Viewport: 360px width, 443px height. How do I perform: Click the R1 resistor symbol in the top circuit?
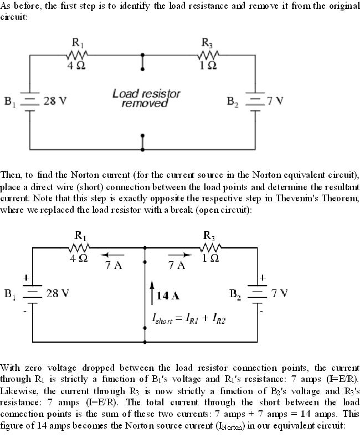pos(76,55)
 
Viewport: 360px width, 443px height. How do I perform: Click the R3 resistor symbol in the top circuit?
pos(209,55)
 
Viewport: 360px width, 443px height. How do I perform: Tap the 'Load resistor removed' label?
pos(146,98)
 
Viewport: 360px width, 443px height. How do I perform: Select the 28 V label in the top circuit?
pos(55,101)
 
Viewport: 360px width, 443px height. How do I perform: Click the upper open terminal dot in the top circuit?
pos(143,55)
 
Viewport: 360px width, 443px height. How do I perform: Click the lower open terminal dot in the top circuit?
pos(143,135)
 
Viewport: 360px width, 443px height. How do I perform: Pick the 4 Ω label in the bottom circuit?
pos(79,258)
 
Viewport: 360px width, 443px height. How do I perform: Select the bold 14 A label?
pos(168,296)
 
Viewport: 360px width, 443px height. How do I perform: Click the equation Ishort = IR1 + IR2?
pos(188,319)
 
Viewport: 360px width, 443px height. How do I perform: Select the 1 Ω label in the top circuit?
pos(209,66)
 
